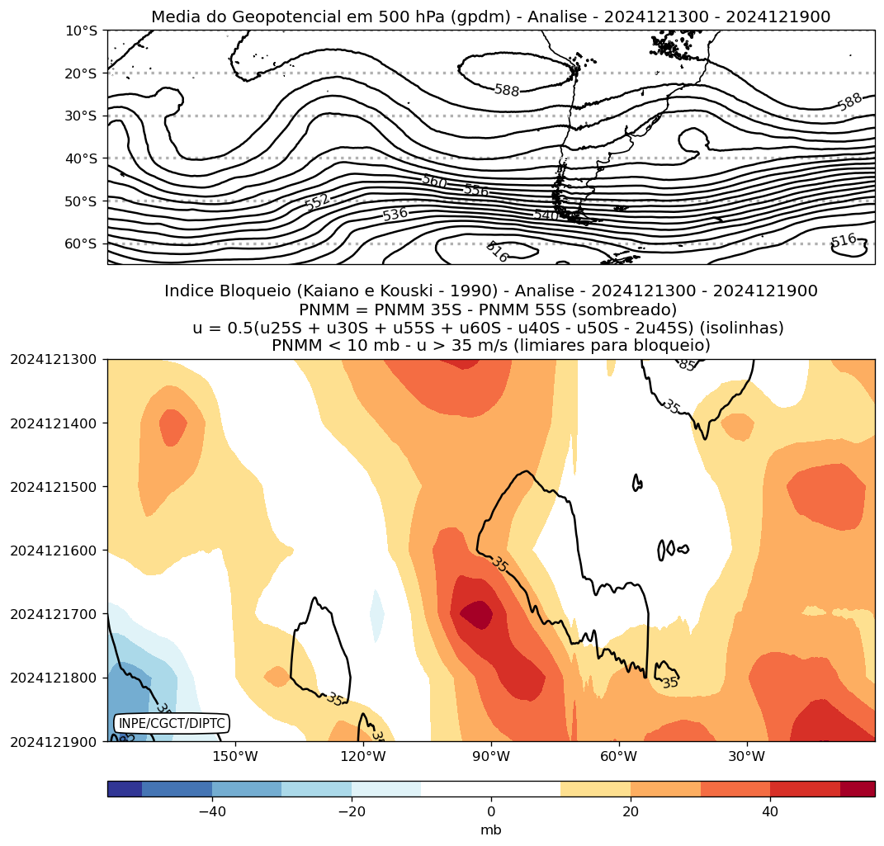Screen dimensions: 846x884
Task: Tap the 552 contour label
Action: point(316,201)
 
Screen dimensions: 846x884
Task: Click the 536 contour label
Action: point(395,215)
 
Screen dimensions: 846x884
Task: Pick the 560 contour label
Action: point(434,181)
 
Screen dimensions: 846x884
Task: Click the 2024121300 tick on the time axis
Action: point(53,360)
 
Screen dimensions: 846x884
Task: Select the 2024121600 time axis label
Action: point(53,551)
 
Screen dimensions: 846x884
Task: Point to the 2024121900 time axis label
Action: point(53,742)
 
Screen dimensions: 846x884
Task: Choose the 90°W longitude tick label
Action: point(491,756)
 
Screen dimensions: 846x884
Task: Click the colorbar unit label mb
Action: point(491,830)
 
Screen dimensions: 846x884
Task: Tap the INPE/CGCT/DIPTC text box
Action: point(171,724)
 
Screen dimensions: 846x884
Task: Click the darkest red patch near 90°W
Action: point(476,614)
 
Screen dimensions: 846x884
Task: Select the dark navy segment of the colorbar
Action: point(125,789)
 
